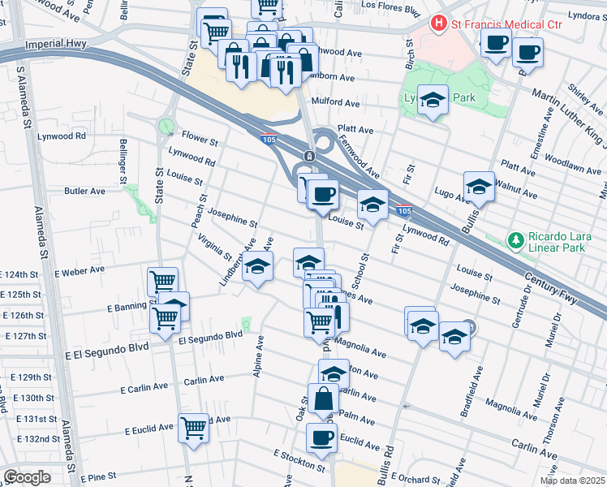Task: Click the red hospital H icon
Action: tap(440, 24)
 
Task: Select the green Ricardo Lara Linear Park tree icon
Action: tap(514, 239)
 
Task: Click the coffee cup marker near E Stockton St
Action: tap(321, 437)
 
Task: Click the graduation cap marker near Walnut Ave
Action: tap(479, 187)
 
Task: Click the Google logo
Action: tap(27, 476)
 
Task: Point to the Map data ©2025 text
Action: tap(571, 481)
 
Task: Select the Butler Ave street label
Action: tap(85, 192)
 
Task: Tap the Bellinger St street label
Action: tap(123, 160)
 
